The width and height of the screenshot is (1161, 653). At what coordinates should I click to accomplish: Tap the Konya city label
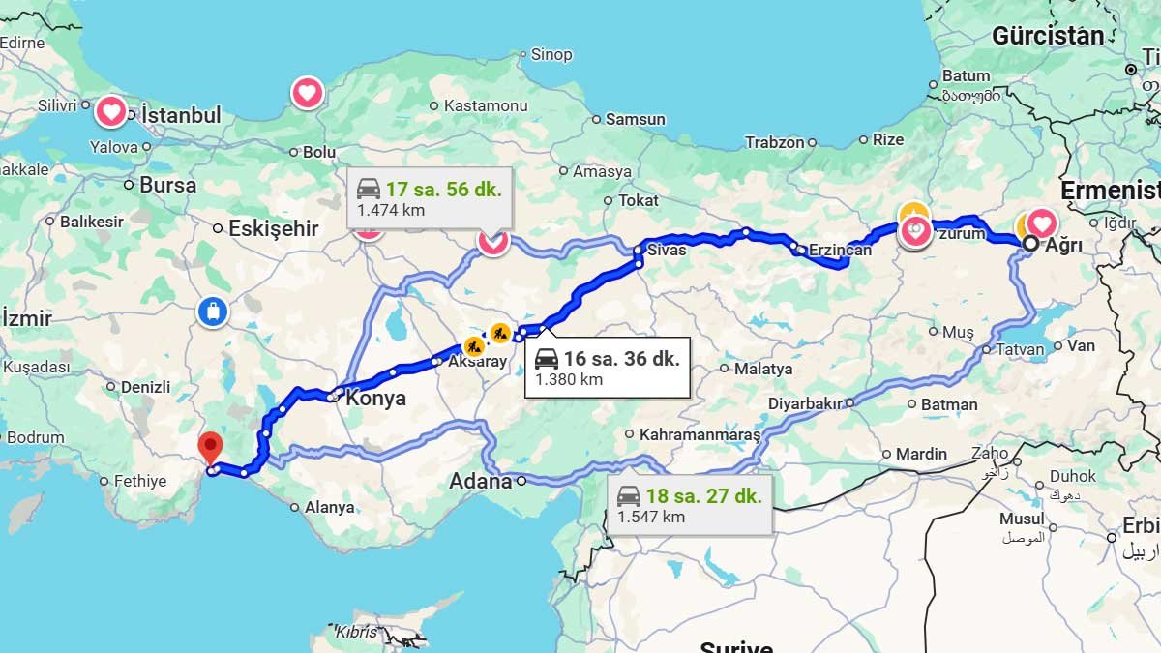(375, 398)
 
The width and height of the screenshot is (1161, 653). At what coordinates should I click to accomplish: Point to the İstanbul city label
(181, 115)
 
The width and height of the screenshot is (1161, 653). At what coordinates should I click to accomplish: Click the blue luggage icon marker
(211, 312)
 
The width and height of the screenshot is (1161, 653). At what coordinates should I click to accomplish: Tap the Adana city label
(481, 481)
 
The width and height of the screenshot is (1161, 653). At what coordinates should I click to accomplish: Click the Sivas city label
(667, 250)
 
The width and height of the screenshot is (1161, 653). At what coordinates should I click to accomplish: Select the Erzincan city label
(840, 250)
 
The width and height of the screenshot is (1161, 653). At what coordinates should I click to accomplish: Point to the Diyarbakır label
(805, 402)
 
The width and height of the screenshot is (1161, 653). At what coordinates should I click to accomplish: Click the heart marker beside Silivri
(111, 111)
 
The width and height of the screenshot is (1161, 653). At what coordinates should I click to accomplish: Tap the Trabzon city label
(774, 142)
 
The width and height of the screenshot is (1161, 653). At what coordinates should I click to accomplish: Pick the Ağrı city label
(1062, 245)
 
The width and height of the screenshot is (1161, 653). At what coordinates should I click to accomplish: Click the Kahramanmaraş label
(700, 434)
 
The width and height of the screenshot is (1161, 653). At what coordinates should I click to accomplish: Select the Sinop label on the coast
(551, 55)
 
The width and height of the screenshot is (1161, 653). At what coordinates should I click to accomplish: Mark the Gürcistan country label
(1047, 36)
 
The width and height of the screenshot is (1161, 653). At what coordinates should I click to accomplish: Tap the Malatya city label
(762, 369)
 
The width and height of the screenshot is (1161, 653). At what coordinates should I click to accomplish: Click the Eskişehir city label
(273, 228)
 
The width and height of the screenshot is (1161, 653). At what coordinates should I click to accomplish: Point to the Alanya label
(329, 507)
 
